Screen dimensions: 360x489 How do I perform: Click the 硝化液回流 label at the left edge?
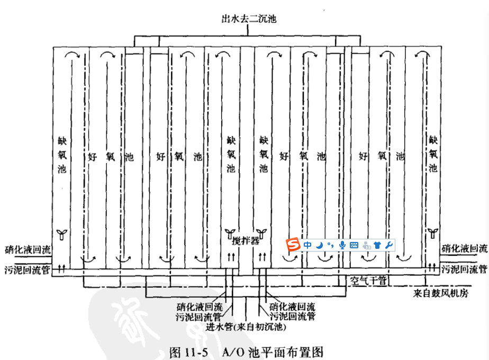click(x=28, y=249)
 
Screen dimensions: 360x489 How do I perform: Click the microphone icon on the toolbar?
click(x=342, y=245)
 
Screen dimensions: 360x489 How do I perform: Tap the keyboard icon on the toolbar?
click(x=354, y=245)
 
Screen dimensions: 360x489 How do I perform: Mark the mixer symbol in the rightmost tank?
click(x=432, y=232)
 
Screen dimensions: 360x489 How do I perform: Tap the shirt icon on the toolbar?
click(x=377, y=245)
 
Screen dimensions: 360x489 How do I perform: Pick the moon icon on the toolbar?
click(x=320, y=245)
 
